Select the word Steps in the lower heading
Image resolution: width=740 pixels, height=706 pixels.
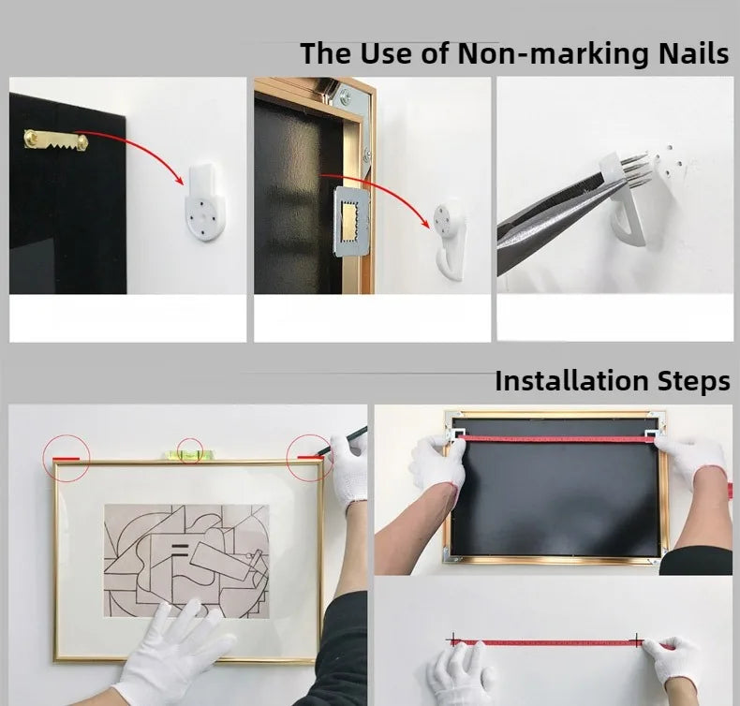693,382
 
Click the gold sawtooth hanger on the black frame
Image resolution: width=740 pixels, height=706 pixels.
55,140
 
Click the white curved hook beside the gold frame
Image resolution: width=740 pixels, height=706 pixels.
450,241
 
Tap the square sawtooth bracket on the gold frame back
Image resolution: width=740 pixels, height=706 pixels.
351,221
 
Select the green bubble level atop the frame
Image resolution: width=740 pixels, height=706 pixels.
189,455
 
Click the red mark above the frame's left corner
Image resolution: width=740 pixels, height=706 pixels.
66,458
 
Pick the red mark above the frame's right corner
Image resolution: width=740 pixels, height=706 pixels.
310,457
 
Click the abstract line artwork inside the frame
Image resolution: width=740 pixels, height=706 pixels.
186,560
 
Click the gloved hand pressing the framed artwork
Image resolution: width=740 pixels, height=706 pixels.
174,651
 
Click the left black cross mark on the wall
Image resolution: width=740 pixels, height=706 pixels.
453,640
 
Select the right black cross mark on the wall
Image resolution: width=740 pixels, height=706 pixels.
637,640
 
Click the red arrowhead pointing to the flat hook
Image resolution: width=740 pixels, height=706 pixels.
178,180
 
